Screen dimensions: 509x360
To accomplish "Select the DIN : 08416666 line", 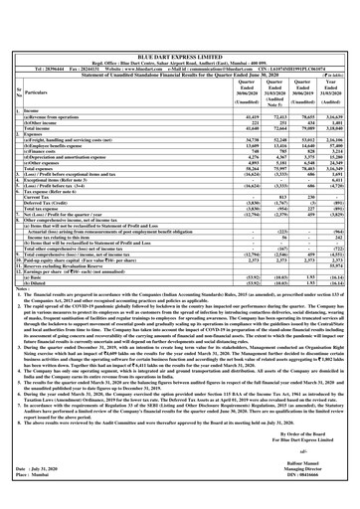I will pyautogui.click(x=324, y=499).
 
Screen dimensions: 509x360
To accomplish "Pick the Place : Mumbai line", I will pyautogui.click(x=35, y=499).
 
